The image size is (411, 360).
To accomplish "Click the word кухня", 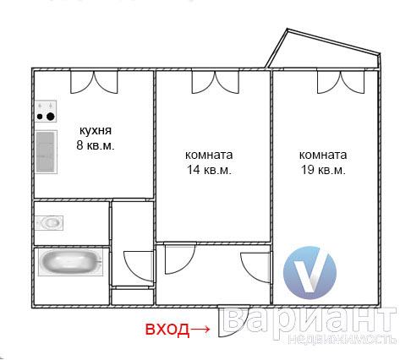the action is (96, 131).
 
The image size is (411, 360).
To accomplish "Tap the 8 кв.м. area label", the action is (96, 145).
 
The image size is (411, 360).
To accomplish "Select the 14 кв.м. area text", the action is (209, 170).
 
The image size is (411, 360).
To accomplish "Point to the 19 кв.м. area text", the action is (323, 170).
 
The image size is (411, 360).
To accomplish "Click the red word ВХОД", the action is (167, 329).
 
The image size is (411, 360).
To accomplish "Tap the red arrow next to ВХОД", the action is (200, 329).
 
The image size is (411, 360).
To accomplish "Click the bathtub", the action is (70, 262).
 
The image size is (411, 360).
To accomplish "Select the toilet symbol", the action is (49, 223).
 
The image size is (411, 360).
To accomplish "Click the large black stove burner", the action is (51, 117).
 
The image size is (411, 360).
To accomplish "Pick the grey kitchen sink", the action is (46, 152).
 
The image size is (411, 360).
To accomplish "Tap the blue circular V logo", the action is (310, 272).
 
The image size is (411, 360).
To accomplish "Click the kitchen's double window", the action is (94, 82).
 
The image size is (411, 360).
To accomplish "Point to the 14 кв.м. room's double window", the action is (216, 82).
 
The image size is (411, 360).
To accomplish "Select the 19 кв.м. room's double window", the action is (341, 82).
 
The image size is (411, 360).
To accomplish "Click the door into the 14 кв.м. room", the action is (179, 259).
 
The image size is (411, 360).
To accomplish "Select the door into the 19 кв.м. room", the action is (256, 268).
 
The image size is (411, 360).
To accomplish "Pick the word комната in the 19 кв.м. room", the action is (323, 155).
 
